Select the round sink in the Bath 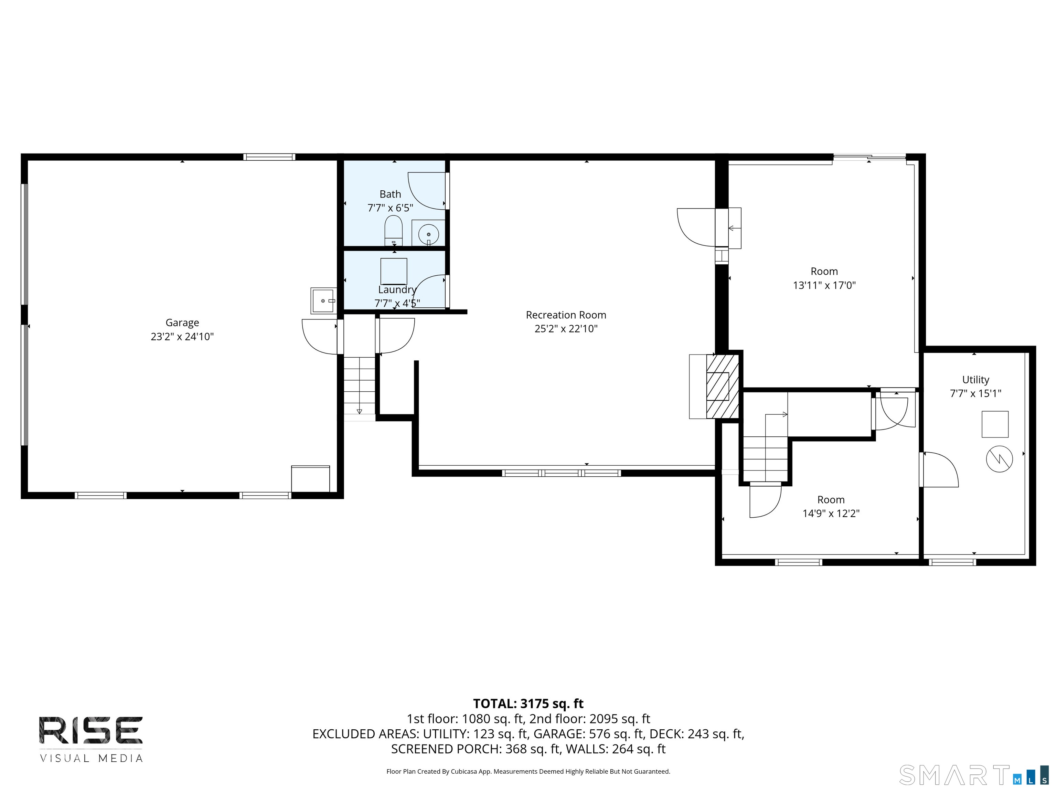pos(429,234)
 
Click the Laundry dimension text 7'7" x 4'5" pos(397,303)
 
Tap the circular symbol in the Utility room pos(999,459)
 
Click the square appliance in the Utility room pos(995,424)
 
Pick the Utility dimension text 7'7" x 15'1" pos(975,393)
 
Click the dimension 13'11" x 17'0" pos(824,285)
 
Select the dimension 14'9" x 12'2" pos(831,514)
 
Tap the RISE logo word pos(91,730)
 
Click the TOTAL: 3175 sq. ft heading pos(528,704)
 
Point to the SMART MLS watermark pos(974,775)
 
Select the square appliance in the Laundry pos(394,271)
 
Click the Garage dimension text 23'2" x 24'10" pos(182,337)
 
